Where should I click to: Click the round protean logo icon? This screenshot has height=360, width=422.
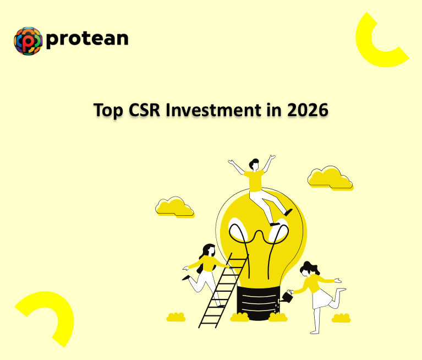tap(28, 41)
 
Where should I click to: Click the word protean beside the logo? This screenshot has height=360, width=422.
tap(87, 39)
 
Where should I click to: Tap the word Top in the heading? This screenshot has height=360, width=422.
tap(109, 110)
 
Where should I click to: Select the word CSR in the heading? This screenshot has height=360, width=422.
tap(146, 110)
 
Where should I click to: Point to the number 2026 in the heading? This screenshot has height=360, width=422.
tap(308, 110)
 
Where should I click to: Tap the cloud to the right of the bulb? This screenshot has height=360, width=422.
tap(330, 178)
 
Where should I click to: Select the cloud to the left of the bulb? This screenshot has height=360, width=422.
tap(174, 206)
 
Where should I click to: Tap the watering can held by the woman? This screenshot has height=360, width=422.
tap(287, 297)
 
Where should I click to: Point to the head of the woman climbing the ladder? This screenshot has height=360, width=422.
tap(208, 249)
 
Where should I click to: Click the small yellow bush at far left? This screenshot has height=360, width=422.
tap(176, 318)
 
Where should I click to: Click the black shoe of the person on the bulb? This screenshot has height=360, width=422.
tap(288, 212)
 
